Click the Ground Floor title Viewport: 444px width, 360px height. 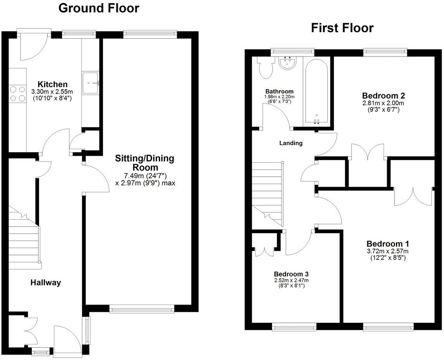coord(98,8)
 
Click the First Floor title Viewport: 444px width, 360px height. coord(342,28)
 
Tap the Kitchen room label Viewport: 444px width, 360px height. coord(52,84)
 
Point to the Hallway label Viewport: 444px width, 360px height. coord(46,282)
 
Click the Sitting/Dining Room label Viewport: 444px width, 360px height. coord(145,163)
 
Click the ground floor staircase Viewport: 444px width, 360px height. coord(25,240)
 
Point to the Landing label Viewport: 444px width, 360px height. coord(291,143)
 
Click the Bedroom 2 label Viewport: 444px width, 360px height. coord(380,95)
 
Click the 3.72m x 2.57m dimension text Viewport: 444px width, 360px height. coord(387,251)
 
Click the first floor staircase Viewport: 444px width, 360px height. coord(267,194)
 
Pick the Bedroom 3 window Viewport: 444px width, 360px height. coord(294,328)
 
